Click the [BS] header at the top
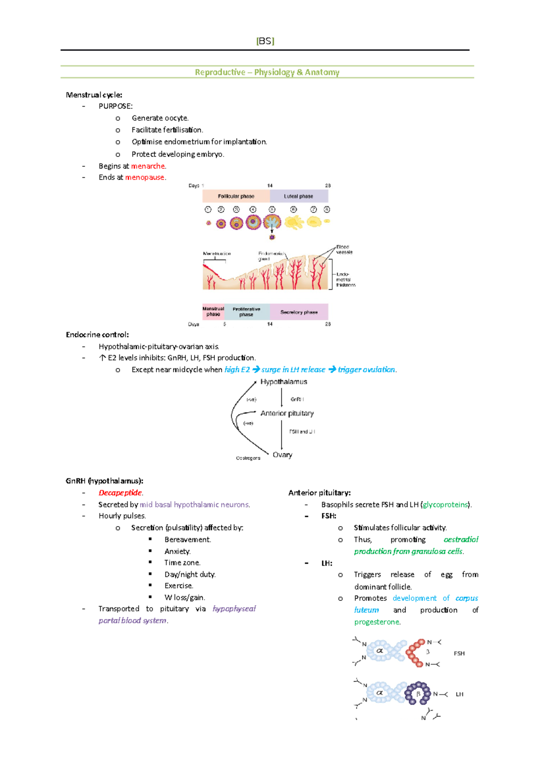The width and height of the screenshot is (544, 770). [265, 41]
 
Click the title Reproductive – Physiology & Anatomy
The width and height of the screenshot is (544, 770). [267, 72]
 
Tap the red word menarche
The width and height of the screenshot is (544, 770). [148, 166]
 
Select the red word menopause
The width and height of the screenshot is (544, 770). [145, 177]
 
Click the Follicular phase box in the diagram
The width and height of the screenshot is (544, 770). [236, 196]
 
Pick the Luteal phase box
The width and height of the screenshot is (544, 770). [299, 196]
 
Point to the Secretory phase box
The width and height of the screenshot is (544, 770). [299, 312]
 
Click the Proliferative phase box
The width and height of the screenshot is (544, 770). [246, 312]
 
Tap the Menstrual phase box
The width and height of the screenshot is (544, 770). [213, 312]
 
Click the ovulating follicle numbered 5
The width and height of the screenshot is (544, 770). [272, 222]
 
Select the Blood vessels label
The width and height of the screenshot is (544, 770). [344, 249]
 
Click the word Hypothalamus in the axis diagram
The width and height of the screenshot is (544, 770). [284, 382]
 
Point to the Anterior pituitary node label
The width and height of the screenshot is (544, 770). [287, 413]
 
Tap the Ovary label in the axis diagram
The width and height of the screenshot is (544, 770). [282, 455]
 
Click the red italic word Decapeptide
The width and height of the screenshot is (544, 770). [120, 492]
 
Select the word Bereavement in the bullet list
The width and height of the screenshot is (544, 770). [187, 540]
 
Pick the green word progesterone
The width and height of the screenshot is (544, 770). [377, 622]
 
